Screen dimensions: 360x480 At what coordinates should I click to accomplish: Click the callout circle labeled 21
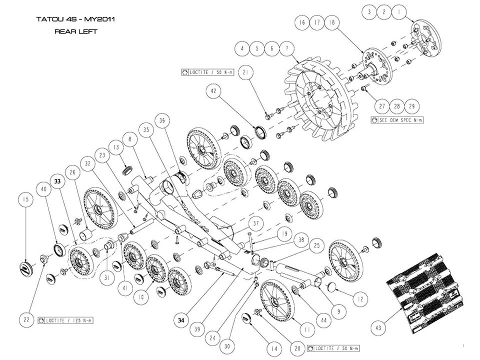(x=246, y=73)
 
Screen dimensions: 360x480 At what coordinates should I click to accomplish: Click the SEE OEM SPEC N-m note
(x=398, y=120)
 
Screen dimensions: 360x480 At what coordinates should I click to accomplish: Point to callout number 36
(x=162, y=121)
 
